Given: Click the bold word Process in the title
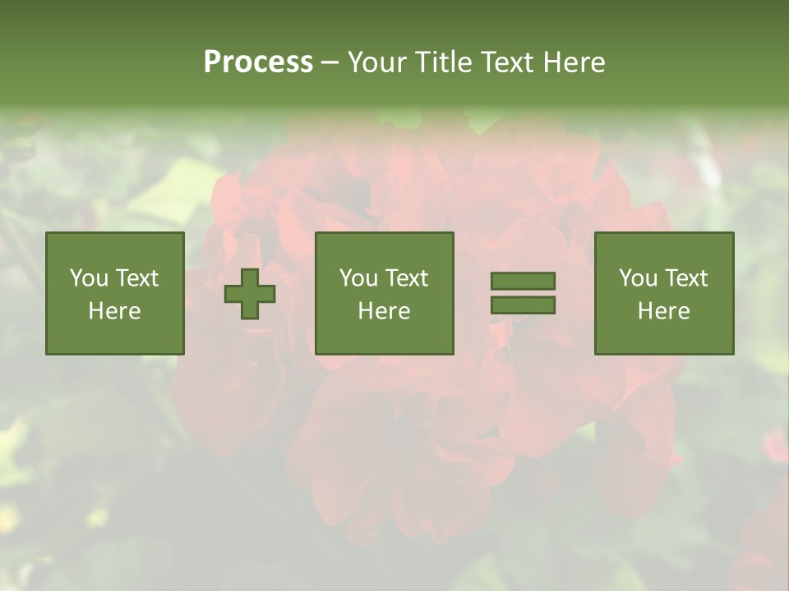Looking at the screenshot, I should pos(258,62).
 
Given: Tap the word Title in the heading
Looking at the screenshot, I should pos(442,62).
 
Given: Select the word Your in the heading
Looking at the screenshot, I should pos(378,62).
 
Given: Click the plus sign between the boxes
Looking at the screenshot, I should pos(250,293).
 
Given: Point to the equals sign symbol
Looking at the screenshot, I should pos(523,293).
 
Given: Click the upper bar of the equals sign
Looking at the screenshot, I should pos(523,282).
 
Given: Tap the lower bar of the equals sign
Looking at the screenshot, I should pos(523,305).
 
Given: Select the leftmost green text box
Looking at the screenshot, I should pos(114,293).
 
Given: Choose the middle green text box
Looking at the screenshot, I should pos(384,293).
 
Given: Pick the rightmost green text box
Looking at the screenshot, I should pos(663,293).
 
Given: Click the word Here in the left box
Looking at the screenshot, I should pos(114,311).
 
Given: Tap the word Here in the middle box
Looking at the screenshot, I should pos(384,311).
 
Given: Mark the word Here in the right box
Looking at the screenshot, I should pos(663,311).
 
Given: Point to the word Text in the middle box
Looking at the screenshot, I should pos(407,278).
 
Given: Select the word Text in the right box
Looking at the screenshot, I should pos(686,278).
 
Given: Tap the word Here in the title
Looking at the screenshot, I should pos(574,62).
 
